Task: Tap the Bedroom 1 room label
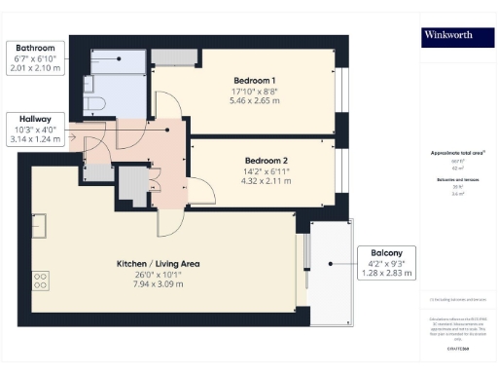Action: [254, 80]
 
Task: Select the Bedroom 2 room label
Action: [265, 158]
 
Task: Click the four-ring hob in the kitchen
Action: [42, 280]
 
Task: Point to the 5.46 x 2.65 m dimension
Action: [254, 100]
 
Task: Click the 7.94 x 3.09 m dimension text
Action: [141, 287]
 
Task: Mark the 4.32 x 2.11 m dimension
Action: [265, 179]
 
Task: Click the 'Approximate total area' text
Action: [457, 154]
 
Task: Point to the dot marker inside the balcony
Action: [331, 263]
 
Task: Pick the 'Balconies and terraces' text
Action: [457, 182]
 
